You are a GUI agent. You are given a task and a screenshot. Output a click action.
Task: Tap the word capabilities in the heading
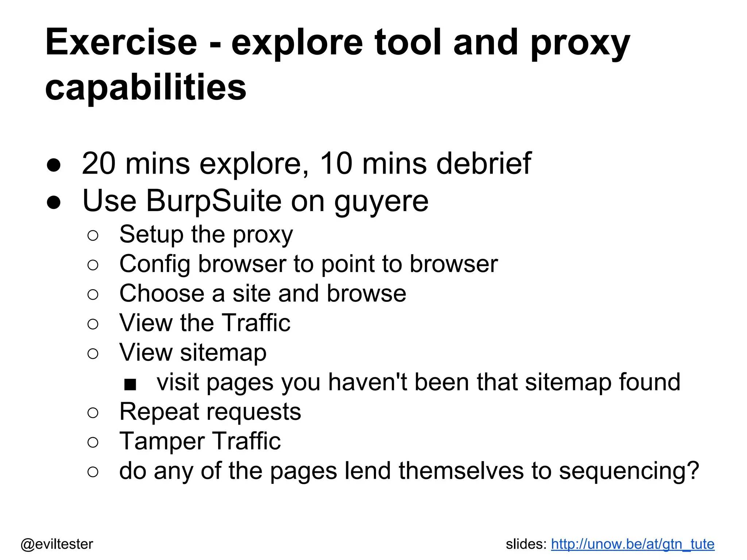146,87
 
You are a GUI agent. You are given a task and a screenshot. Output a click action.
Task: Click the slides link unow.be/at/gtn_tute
632,544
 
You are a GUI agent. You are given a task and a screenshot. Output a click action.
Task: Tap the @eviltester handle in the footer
57,544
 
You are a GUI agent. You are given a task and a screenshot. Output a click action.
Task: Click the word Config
155,264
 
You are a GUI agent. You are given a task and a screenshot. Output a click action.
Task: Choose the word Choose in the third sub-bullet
162,293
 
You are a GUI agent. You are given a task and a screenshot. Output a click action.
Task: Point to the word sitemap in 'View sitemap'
223,353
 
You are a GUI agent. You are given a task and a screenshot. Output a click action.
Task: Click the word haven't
367,382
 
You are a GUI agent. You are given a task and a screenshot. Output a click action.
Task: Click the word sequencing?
629,471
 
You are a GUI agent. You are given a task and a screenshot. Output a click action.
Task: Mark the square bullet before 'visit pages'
130,384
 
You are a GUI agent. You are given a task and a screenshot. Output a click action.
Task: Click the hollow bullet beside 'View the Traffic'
93,324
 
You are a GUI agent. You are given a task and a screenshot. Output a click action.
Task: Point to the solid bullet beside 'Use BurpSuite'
54,202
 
